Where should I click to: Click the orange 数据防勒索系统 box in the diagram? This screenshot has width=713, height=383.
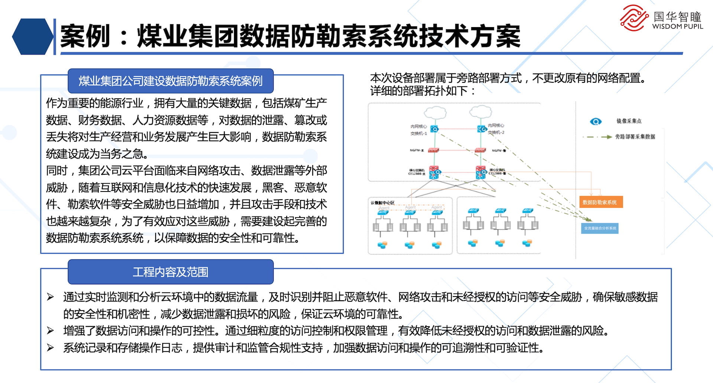click(600, 202)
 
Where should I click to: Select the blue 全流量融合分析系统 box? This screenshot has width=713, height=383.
click(600, 228)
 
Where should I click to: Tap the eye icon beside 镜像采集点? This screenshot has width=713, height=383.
click(596, 121)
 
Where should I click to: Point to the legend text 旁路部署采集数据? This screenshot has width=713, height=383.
click(635, 137)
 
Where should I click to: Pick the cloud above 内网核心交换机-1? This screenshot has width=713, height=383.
click(435, 112)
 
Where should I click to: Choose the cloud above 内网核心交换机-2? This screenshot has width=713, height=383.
click(481, 111)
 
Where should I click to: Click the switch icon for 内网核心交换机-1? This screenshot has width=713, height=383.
click(434, 129)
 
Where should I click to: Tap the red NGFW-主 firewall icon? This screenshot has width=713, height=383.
click(433, 150)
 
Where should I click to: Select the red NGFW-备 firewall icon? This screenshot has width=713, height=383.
click(480, 150)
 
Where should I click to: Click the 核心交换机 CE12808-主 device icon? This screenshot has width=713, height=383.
click(434, 172)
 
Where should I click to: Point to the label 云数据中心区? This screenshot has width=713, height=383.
click(382, 203)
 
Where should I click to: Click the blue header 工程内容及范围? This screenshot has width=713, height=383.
click(170, 272)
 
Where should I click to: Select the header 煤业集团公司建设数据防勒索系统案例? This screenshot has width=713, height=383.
click(170, 81)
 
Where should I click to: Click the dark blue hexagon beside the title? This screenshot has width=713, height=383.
click(33, 37)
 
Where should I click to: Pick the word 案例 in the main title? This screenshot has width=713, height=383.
click(85, 36)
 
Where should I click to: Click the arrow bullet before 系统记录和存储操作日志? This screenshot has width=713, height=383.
click(51, 348)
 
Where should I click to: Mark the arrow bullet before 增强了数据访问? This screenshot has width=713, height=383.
click(51, 330)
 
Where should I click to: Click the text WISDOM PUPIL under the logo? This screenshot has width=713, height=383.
click(677, 27)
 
